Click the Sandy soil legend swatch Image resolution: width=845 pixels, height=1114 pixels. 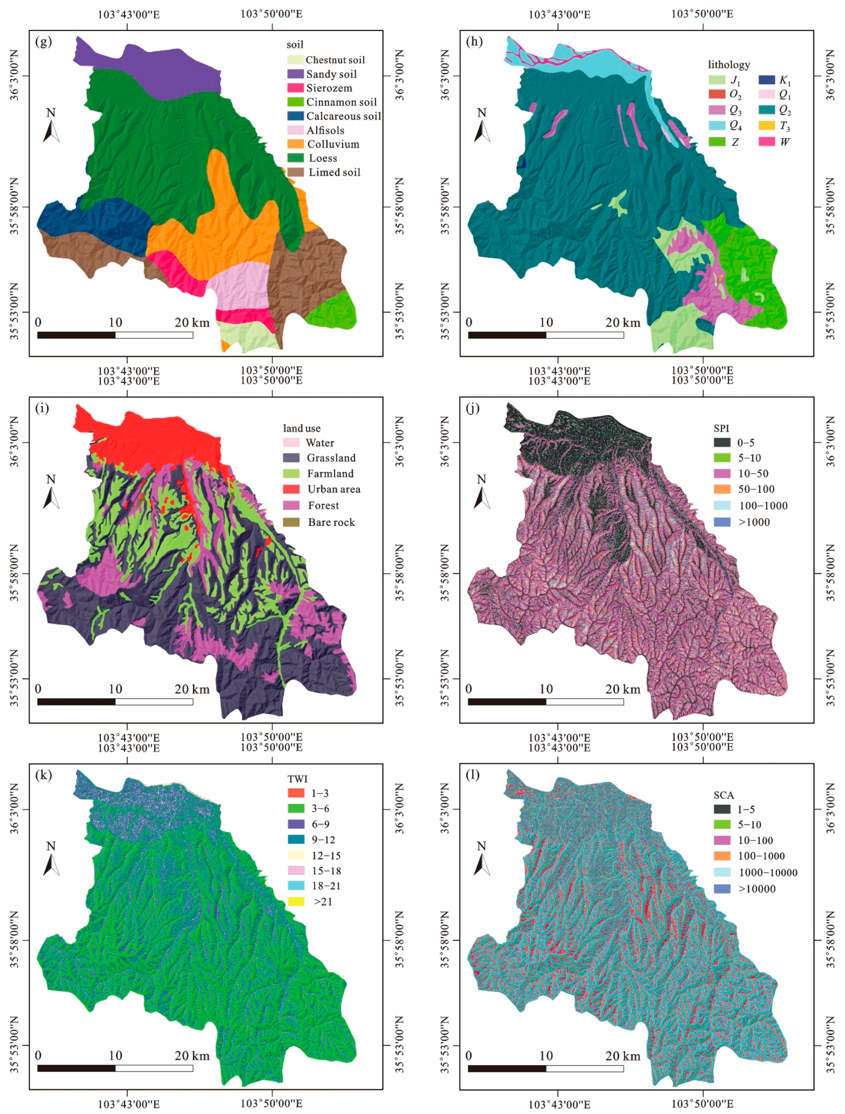(x=295, y=74)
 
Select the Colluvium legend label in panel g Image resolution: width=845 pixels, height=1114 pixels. (x=333, y=145)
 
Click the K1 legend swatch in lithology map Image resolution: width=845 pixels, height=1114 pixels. (x=766, y=80)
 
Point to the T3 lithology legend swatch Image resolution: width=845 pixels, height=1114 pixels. (x=766, y=125)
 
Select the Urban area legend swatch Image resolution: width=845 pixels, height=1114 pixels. (x=291, y=489)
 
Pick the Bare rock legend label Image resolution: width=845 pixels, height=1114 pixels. (x=331, y=522)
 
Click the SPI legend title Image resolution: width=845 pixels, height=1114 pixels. (x=721, y=428)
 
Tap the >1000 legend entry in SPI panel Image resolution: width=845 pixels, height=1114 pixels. (x=754, y=522)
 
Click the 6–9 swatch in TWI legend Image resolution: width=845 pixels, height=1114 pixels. (x=296, y=824)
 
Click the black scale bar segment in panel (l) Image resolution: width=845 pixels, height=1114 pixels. (x=507, y=1068)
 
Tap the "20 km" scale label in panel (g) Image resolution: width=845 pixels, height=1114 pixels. (x=192, y=323)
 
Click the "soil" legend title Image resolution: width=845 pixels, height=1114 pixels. (x=295, y=45)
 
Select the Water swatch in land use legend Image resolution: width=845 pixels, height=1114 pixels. (x=291, y=443)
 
